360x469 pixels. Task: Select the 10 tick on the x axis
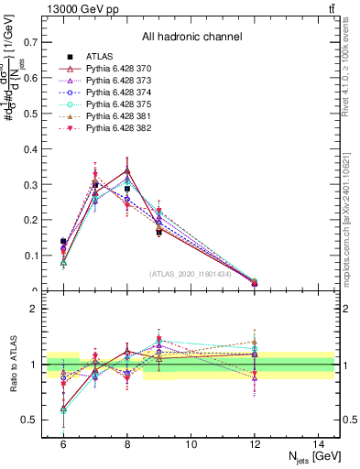tap(191, 444)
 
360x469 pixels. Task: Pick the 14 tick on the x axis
tap(320, 444)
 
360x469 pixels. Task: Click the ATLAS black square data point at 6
tap(63, 242)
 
